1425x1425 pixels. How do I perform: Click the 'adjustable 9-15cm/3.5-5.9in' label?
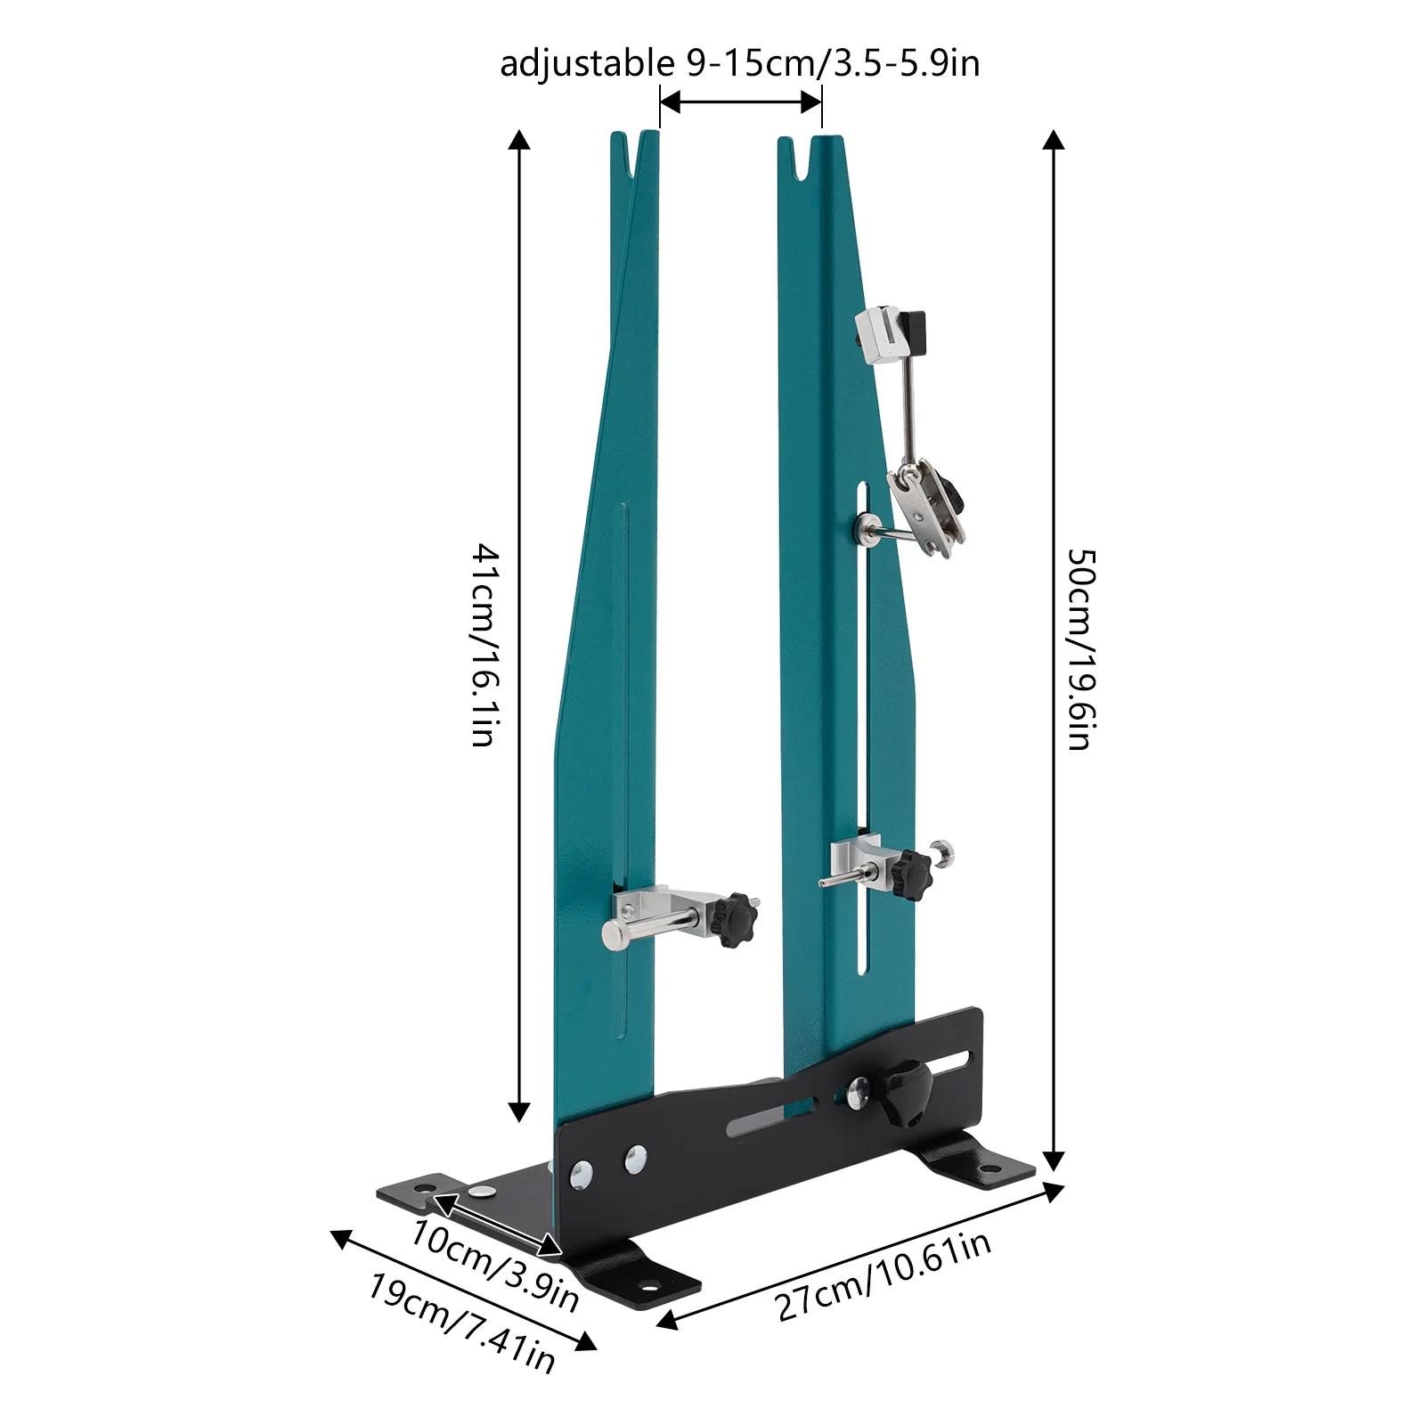pos(739,65)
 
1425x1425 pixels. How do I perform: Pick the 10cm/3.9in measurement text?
pos(495,1265)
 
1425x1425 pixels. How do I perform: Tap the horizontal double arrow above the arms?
pos(740,103)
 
